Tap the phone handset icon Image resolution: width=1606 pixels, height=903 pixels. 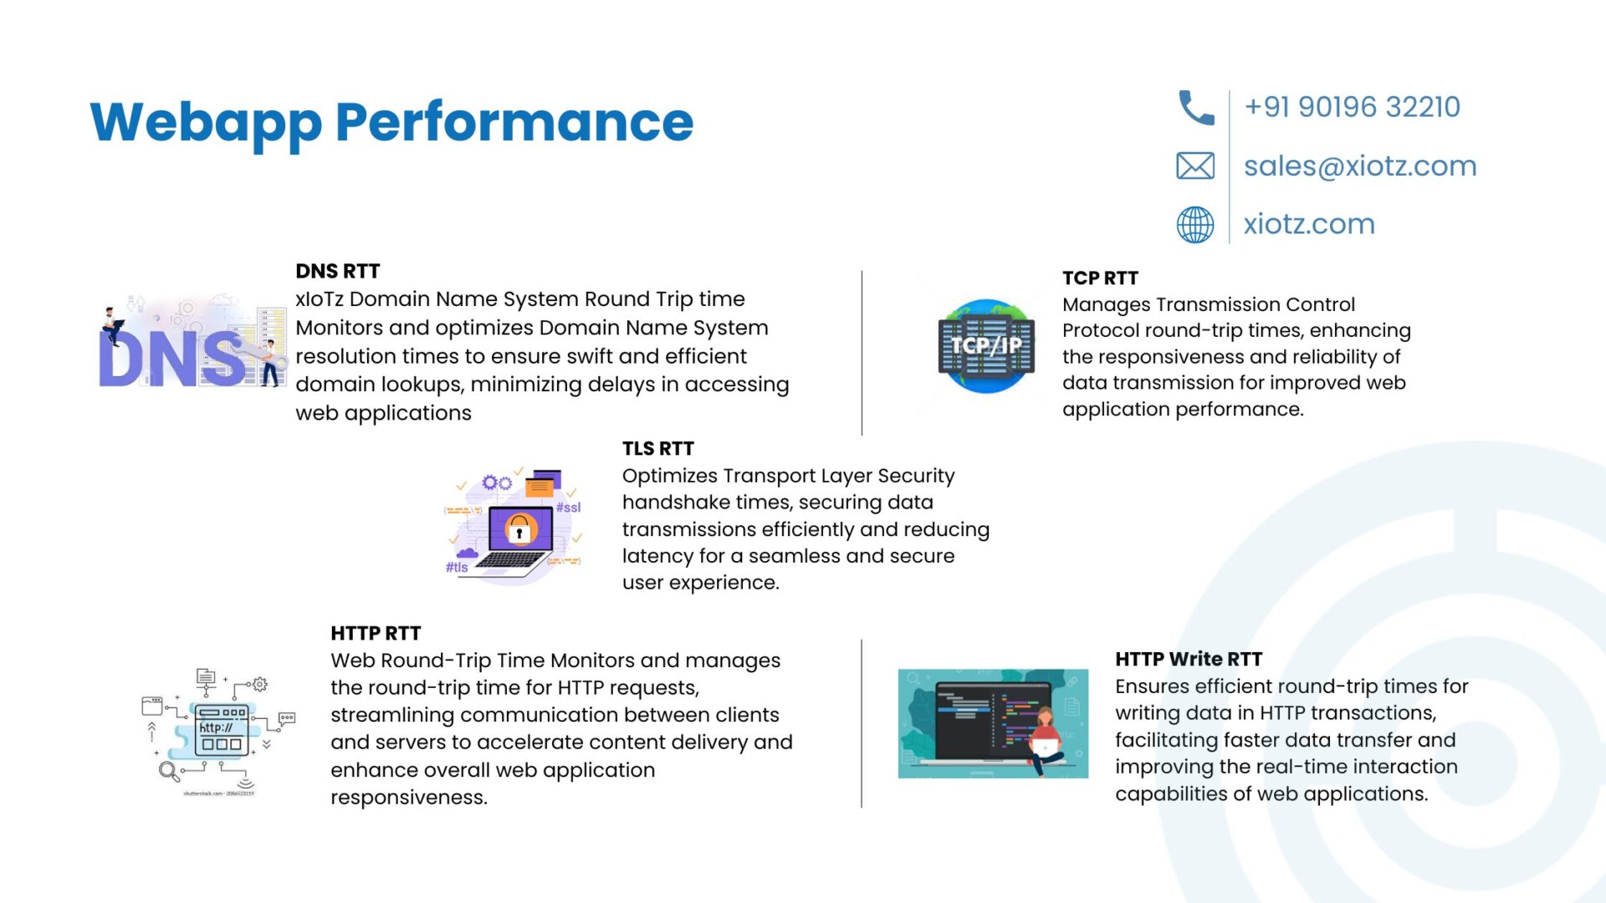pos(1195,108)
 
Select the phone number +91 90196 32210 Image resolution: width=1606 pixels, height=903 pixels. pos(1352,107)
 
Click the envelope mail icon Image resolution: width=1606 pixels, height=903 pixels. pos(1195,166)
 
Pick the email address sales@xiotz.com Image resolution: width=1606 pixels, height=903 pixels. pos(1360,166)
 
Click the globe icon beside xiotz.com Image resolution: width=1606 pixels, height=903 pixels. pos(1195,224)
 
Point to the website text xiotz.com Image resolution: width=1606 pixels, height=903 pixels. pos(1309,224)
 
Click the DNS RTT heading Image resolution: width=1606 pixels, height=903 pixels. pos(338,271)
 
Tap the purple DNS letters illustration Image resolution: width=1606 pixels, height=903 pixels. pos(172,358)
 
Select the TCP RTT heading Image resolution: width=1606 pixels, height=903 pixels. pos(1100,278)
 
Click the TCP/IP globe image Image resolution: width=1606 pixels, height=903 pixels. pos(986,346)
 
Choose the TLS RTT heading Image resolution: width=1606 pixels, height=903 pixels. pos(658,448)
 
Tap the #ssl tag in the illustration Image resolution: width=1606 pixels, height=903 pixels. pos(568,508)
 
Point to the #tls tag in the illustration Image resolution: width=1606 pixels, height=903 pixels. pos(457,568)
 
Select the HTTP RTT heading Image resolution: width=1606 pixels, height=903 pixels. pos(376,633)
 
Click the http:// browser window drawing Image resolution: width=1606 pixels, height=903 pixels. pos(222,730)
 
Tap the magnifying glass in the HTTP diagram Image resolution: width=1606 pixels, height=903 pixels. pos(169,771)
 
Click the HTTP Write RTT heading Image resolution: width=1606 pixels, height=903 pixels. pos(1189,659)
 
